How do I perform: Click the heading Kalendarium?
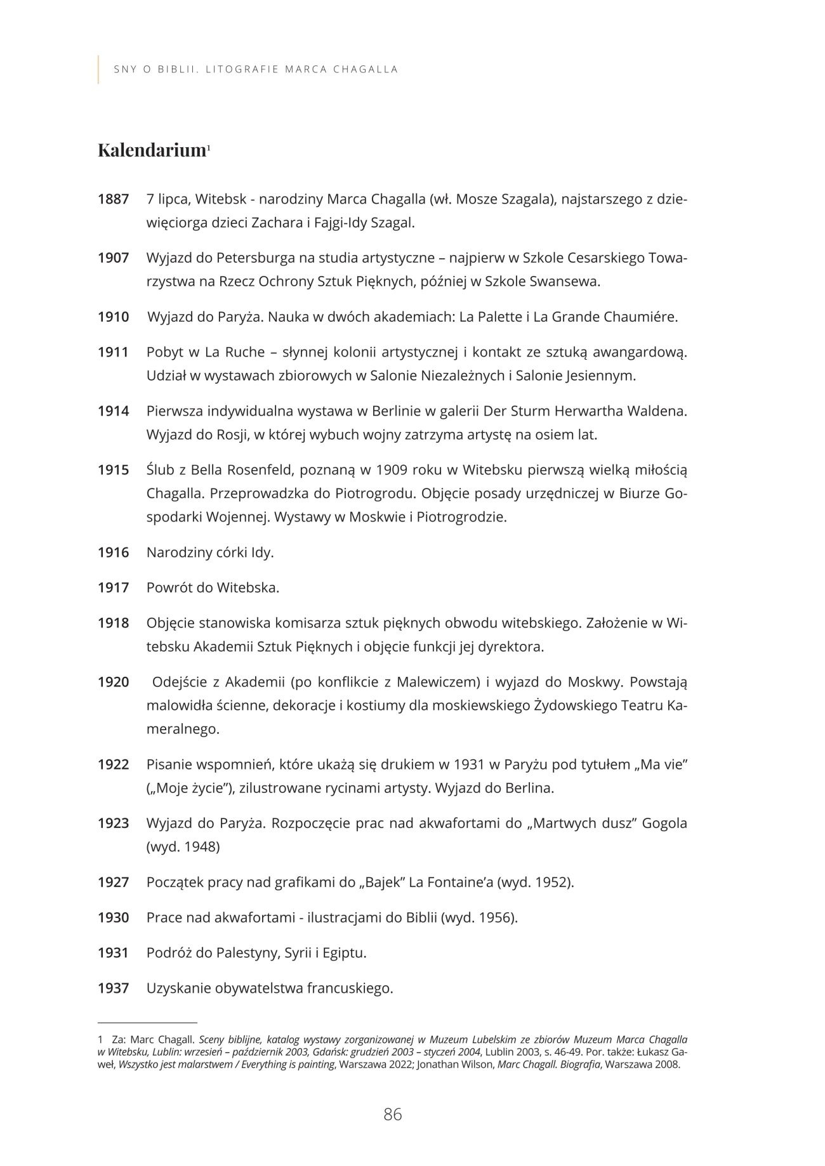coord(152,150)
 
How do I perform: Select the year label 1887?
coord(113,199)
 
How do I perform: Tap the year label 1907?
coord(113,258)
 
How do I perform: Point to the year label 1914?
coord(113,411)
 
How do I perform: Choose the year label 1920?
coord(113,683)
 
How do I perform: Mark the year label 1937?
coord(113,988)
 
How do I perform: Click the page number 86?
coord(393,1114)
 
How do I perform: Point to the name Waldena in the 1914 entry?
coord(657,411)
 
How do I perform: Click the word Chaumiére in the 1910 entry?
coord(644,317)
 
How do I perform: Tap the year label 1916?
coord(113,553)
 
